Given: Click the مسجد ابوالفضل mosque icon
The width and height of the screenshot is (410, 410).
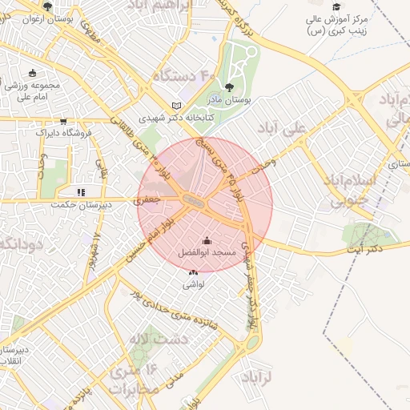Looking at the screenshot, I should (207, 240).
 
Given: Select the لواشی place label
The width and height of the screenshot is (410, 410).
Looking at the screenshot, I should (194, 283).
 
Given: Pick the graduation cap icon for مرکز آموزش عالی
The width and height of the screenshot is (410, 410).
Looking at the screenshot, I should (336, 7).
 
